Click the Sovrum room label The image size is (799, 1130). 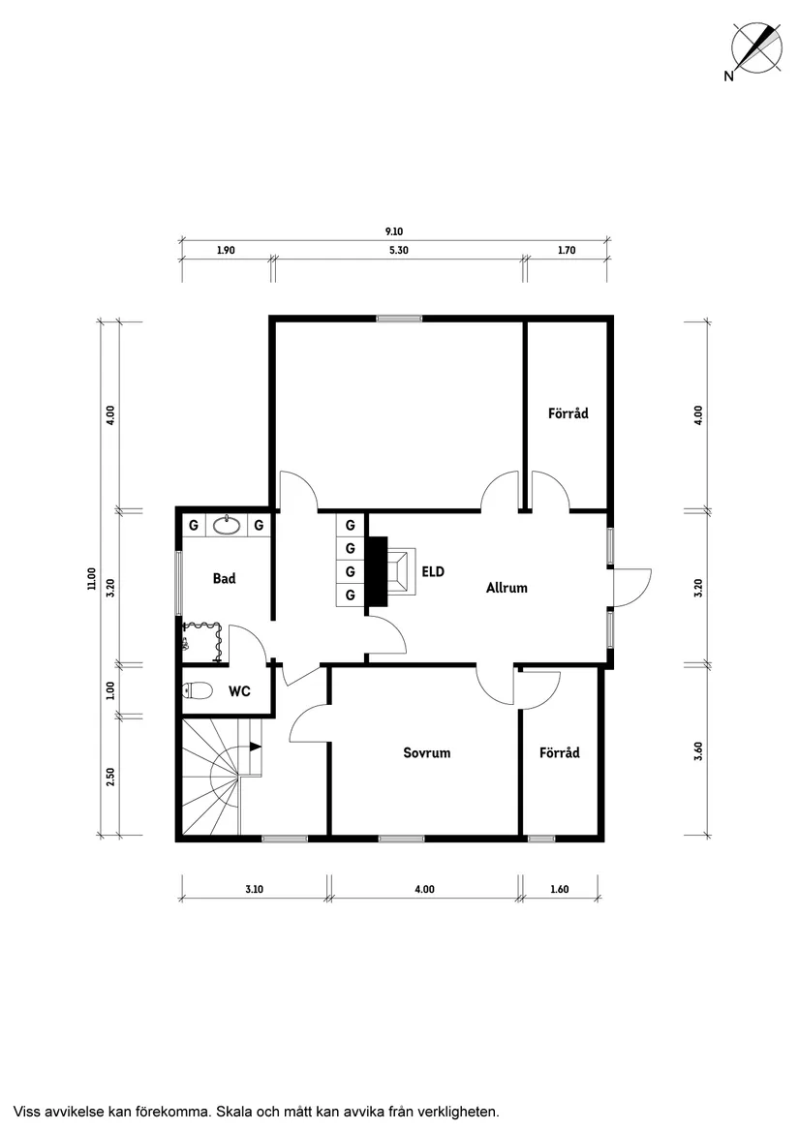(x=427, y=753)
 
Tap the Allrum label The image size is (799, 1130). (x=507, y=588)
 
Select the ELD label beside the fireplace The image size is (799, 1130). (x=433, y=572)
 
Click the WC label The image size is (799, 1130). (x=239, y=691)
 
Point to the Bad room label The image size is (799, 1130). (x=225, y=579)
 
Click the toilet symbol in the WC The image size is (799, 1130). (x=198, y=691)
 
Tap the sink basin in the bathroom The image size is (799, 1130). (x=229, y=525)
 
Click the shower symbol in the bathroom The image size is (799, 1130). (x=201, y=641)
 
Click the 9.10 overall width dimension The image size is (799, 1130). (x=394, y=231)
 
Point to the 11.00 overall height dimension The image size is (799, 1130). (x=91, y=579)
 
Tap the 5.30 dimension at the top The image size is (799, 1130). (x=399, y=250)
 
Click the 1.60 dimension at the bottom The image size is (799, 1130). (x=560, y=889)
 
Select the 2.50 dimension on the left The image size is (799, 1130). (x=110, y=777)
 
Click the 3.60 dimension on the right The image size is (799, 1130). (x=697, y=751)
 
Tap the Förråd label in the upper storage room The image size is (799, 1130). (x=569, y=413)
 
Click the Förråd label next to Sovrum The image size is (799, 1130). (x=560, y=753)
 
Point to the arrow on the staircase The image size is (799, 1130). (x=254, y=747)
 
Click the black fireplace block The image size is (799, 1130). (x=377, y=573)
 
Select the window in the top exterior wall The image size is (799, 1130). (x=399, y=318)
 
